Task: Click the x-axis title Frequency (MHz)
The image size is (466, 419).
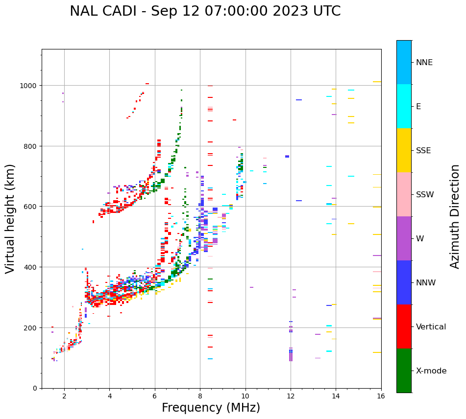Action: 211,408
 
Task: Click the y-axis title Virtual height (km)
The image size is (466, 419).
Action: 10,219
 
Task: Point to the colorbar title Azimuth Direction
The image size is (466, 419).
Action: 455,216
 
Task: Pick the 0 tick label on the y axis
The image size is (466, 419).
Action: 34,388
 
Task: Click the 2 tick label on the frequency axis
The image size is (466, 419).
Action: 64,396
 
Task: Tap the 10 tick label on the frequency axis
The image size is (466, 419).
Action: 245,396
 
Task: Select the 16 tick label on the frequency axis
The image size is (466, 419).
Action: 381,396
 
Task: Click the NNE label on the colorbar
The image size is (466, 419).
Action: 424,62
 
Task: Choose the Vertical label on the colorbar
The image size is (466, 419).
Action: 431,326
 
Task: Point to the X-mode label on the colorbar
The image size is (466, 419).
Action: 431,371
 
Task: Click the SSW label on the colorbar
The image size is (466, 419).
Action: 425,194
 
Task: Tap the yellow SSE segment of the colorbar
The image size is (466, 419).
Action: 404,150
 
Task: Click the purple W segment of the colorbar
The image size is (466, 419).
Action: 404,238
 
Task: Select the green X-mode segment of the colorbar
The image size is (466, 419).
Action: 404,371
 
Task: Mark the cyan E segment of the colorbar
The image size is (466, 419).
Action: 404,106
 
